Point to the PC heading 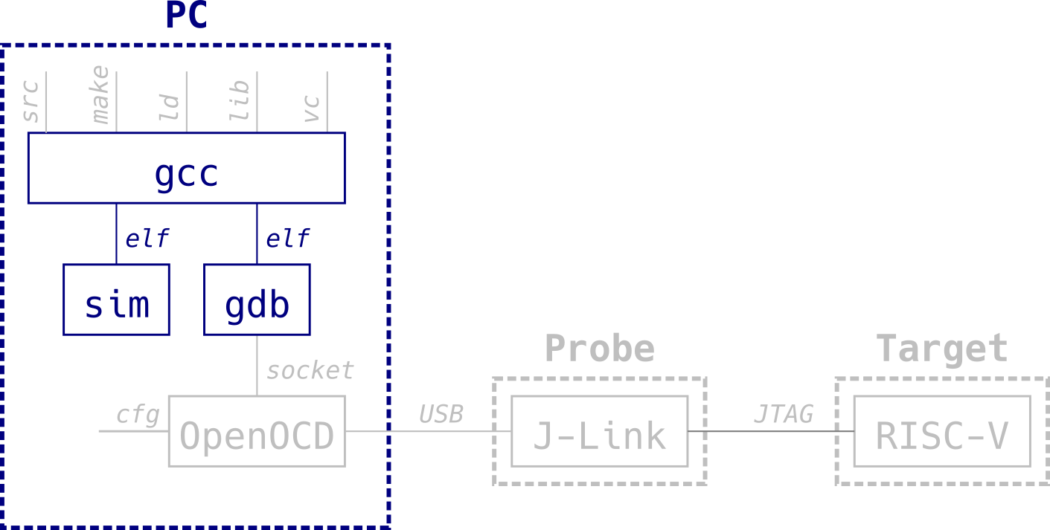(186, 16)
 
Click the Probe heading (599, 348)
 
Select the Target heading (942, 348)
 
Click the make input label (100, 95)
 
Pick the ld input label (170, 108)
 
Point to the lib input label (240, 101)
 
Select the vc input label (312, 109)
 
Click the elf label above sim (147, 239)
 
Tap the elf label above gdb (288, 239)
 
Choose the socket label (310, 370)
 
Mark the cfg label (138, 415)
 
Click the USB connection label (441, 414)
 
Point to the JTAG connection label (784, 414)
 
